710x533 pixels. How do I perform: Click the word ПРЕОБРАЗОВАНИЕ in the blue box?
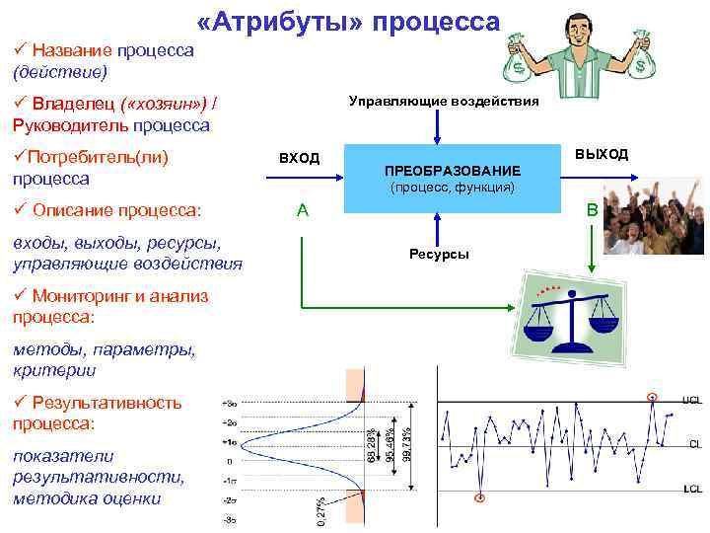point(453,171)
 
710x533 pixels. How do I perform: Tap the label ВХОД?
point(299,158)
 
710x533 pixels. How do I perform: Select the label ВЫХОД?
point(601,154)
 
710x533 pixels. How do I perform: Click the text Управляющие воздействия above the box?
point(444,101)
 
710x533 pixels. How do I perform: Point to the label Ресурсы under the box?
point(439,255)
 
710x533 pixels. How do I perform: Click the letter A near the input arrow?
point(303,210)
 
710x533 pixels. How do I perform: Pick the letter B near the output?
point(592,210)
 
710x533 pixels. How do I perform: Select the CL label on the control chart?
point(694,444)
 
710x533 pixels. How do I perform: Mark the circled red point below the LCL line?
point(480,497)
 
